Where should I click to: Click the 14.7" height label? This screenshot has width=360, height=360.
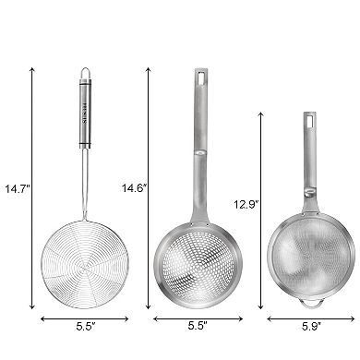(x=17, y=189)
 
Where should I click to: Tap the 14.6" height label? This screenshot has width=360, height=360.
(x=135, y=189)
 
